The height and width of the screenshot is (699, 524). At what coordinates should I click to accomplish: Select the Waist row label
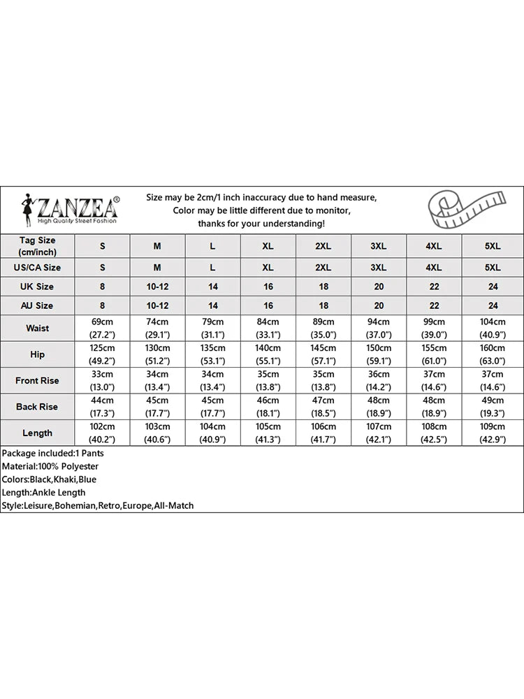37,328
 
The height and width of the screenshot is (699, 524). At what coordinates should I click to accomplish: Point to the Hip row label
37,354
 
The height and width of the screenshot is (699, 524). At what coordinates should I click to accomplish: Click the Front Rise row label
37,381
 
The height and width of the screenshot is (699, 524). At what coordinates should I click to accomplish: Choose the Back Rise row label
37,407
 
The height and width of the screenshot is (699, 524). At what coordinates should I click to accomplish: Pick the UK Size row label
37,287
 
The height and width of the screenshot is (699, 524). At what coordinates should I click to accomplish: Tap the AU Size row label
37,305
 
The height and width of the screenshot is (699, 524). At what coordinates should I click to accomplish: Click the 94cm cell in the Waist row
378,328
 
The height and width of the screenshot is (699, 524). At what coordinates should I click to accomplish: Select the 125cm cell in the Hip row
103,354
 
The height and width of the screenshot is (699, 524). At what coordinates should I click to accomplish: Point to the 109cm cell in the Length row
493,433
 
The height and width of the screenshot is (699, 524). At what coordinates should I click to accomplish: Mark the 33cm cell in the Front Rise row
103,381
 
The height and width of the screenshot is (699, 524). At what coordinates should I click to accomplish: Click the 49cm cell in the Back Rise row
493,407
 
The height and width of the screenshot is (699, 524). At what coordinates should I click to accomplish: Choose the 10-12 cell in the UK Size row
157,287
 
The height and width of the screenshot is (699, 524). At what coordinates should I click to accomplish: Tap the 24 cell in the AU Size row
493,305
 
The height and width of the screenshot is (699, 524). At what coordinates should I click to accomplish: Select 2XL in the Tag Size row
323,246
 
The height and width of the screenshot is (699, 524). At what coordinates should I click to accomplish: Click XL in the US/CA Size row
268,267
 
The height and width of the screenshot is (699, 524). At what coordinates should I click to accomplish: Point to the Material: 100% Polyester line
50,466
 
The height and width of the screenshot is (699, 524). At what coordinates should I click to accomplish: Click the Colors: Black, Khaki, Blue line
49,480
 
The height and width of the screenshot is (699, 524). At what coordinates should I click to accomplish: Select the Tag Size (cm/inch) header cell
37,245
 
